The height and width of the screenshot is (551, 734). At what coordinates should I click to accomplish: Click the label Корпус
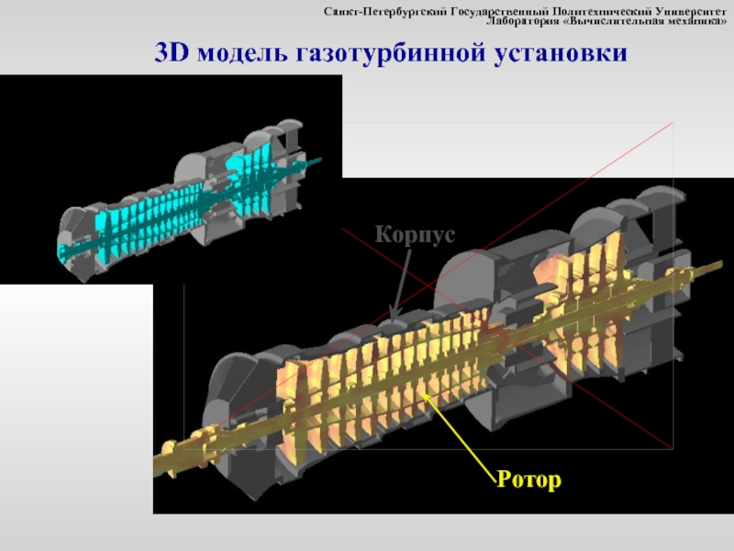(x=415, y=235)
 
